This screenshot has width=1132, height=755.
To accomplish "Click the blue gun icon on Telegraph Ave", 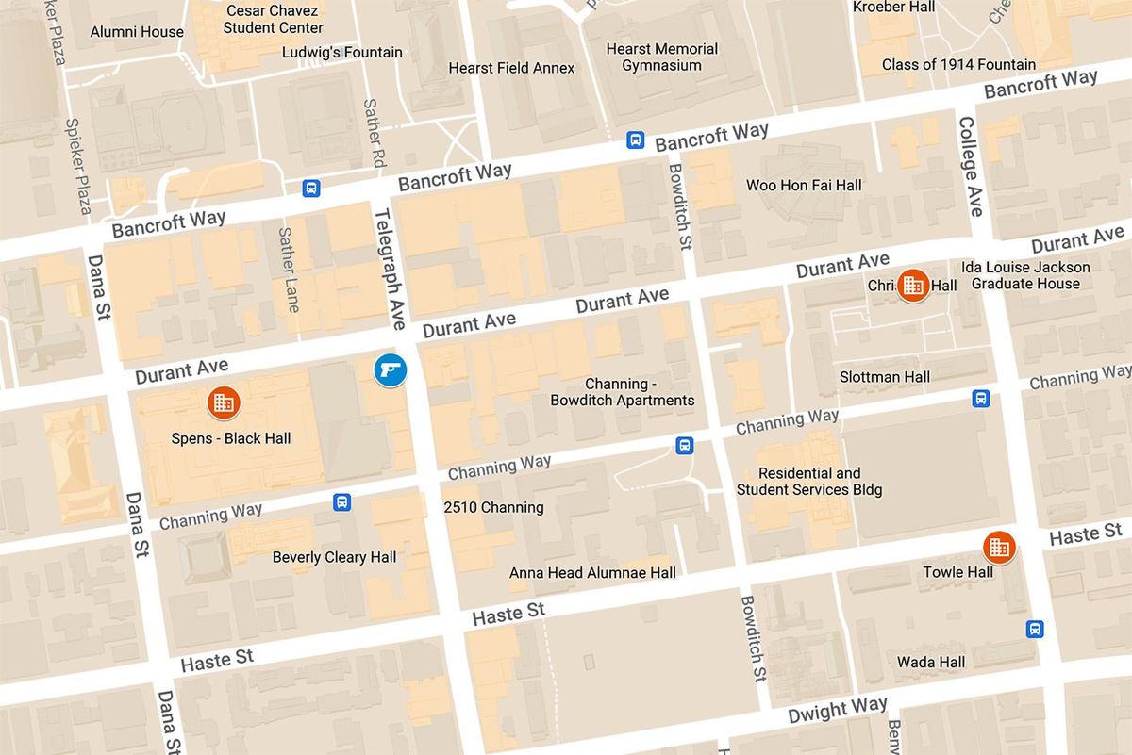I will point(390,369).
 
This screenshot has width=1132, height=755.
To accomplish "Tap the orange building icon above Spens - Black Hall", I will point(224,403).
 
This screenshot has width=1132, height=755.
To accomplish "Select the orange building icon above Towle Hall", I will point(998,547).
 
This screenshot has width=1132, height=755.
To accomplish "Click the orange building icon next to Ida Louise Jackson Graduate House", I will point(912,285).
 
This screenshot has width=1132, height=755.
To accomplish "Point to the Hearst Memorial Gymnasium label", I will point(661,57).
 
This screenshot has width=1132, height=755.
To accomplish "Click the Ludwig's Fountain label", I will point(342,53).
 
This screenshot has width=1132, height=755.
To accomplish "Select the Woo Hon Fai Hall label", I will point(804,186).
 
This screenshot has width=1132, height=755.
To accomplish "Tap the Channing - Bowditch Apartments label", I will point(623,392).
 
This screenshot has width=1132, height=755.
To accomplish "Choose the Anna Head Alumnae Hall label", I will point(592,573).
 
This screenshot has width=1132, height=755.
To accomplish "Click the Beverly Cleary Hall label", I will point(334,557).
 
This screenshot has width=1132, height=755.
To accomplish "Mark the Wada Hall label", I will point(930,662).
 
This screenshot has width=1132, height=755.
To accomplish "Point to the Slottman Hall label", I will point(885,377).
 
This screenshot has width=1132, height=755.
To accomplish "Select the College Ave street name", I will point(970,166).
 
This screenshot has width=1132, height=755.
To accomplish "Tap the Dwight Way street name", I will point(838,710).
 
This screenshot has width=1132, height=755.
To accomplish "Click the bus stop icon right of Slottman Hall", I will point(981,399).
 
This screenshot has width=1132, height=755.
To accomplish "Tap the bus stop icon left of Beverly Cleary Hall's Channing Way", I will point(341,502).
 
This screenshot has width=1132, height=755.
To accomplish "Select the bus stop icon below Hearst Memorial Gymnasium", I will point(636,140).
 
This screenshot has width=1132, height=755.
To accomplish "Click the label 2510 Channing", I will point(493,507).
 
